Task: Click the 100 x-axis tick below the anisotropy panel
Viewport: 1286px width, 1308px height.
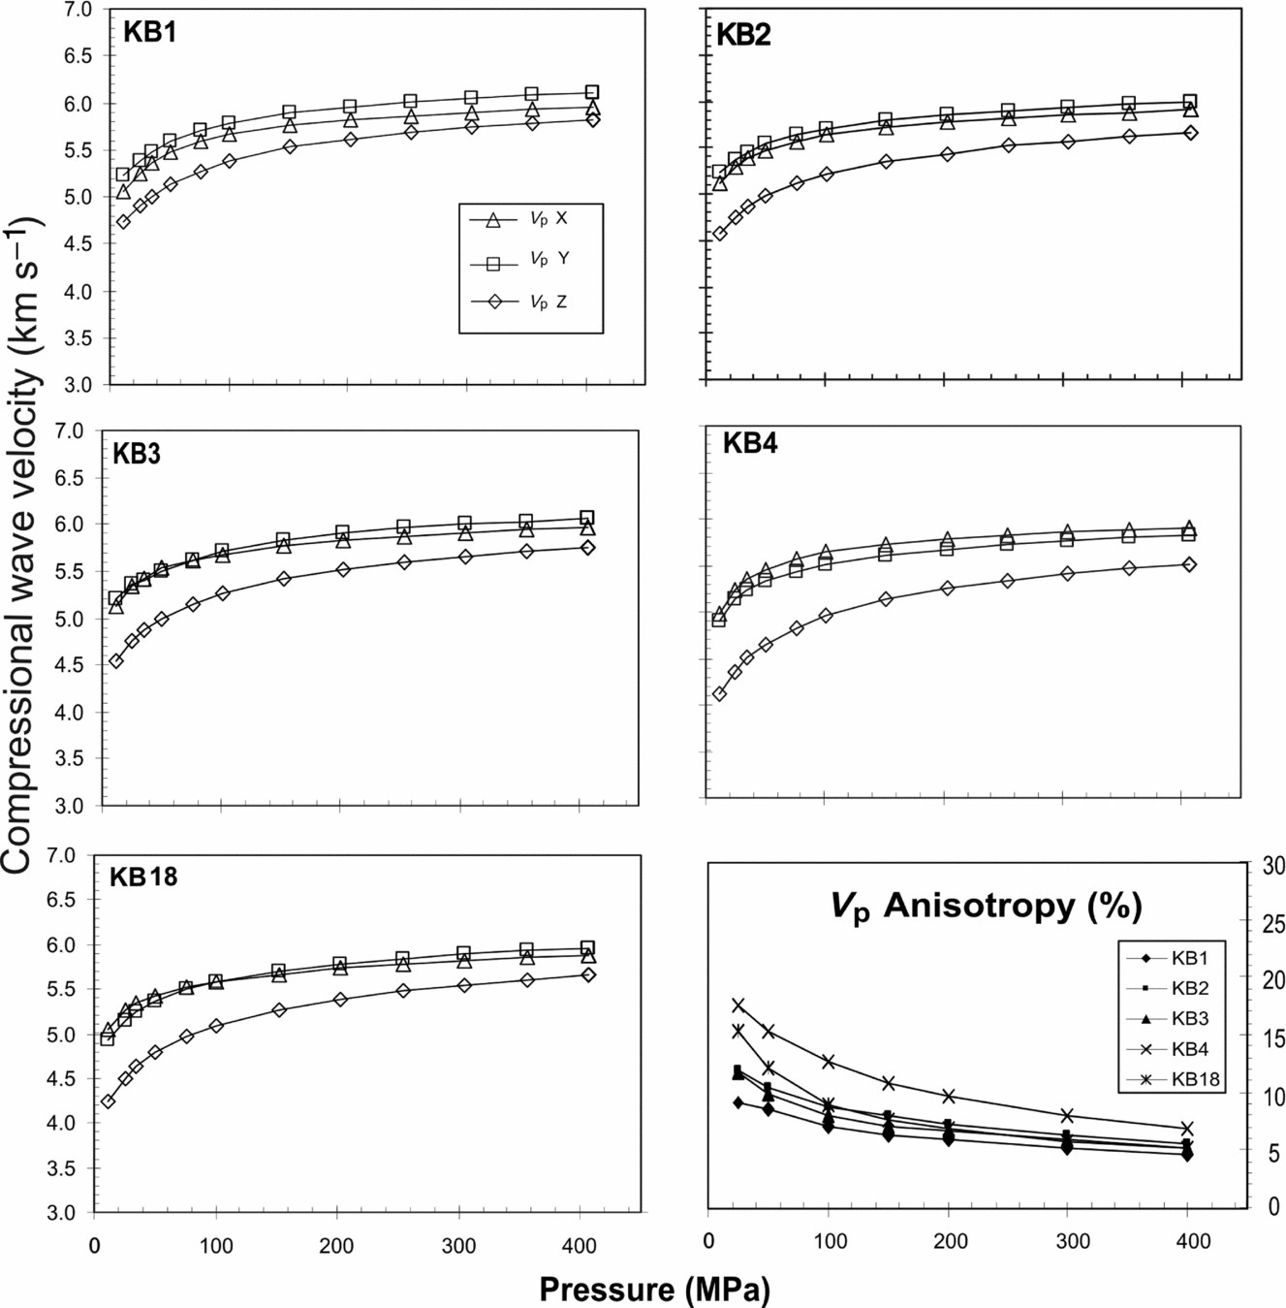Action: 829,1242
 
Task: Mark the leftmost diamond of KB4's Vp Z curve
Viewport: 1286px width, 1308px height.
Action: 719,693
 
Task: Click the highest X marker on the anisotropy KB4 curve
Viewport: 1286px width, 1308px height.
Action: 738,1005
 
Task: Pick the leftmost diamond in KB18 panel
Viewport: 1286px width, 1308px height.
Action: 108,1101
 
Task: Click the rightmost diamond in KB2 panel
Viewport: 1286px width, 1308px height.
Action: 1190,132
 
